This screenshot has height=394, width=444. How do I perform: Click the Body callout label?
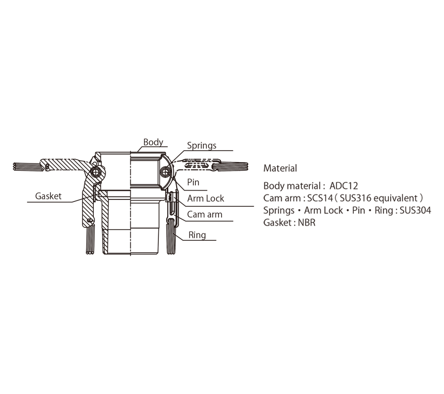point(153,142)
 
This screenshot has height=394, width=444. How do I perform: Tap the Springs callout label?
point(202,146)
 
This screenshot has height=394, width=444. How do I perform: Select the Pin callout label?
point(193,182)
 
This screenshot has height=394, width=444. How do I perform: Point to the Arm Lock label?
point(206,198)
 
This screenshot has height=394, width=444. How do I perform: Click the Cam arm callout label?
point(205,214)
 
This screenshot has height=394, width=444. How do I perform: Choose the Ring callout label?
point(197,235)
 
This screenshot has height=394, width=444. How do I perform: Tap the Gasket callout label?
point(48,196)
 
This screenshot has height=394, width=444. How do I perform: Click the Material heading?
point(280,168)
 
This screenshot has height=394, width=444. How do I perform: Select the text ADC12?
point(344,186)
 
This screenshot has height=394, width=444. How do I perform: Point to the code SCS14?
point(320,198)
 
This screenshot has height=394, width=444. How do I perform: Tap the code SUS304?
point(415,210)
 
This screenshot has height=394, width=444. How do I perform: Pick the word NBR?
point(307,223)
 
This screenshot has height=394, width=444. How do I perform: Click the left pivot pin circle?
point(96,172)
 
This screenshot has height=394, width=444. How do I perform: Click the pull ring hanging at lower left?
point(90,238)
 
